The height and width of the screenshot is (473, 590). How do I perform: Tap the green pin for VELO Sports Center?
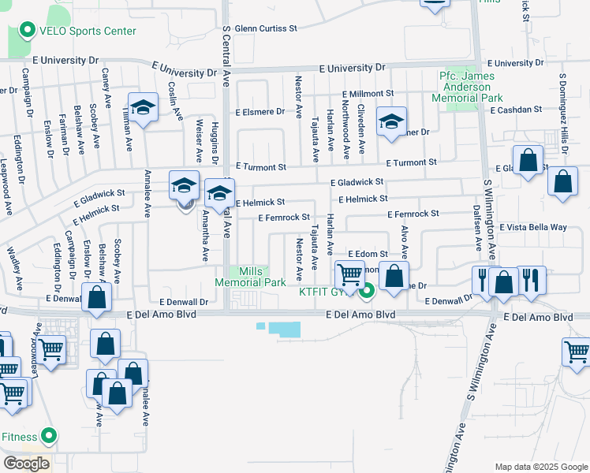[27, 31]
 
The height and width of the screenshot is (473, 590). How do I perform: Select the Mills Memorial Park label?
[252, 276]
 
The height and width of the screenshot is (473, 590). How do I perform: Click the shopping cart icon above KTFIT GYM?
[349, 275]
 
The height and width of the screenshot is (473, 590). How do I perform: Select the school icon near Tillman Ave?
[143, 108]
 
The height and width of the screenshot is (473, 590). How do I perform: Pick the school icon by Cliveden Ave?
[391, 121]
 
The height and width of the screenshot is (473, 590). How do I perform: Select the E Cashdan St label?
[515, 110]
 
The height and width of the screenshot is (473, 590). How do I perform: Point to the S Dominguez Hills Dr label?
[563, 107]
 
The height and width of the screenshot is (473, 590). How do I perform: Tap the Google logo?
[26, 464]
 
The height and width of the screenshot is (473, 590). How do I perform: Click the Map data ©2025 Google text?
[541, 467]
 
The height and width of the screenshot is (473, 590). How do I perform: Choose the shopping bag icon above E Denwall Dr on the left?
[96, 298]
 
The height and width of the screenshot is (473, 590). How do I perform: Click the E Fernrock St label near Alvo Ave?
[413, 214]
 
